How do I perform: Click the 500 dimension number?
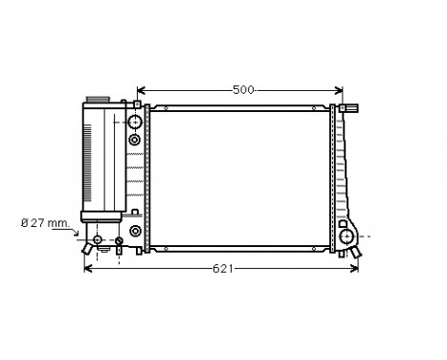click(x=243, y=90)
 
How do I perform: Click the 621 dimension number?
click(x=222, y=269)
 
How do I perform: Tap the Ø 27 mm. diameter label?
click(x=46, y=225)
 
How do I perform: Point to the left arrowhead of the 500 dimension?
click(x=142, y=90)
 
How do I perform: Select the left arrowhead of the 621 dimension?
click(x=89, y=269)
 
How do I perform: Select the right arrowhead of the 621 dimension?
click(x=359, y=269)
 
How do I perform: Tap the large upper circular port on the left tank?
click(x=134, y=122)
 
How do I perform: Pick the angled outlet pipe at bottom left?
click(x=89, y=247)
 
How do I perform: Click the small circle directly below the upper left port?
click(x=134, y=140)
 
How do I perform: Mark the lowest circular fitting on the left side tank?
click(x=135, y=232)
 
